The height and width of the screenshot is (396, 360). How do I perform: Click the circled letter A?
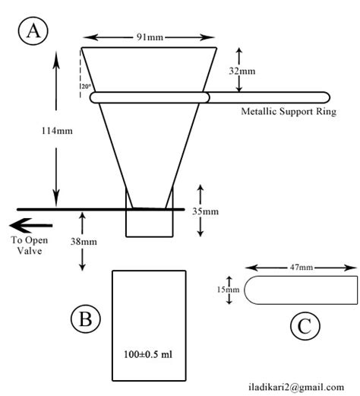coord(33,31)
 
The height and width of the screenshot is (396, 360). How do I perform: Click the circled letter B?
coord(85,319)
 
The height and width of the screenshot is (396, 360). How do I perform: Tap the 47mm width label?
coord(301,267)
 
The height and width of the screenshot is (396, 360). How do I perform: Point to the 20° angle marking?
coord(86,87)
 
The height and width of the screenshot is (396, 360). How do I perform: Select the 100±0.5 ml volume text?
coord(149,354)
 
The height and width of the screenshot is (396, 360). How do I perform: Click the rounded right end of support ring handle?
coord(325,97)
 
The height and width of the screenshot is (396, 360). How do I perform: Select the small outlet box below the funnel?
coord(150,222)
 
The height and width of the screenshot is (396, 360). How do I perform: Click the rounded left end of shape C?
coord(248,290)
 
